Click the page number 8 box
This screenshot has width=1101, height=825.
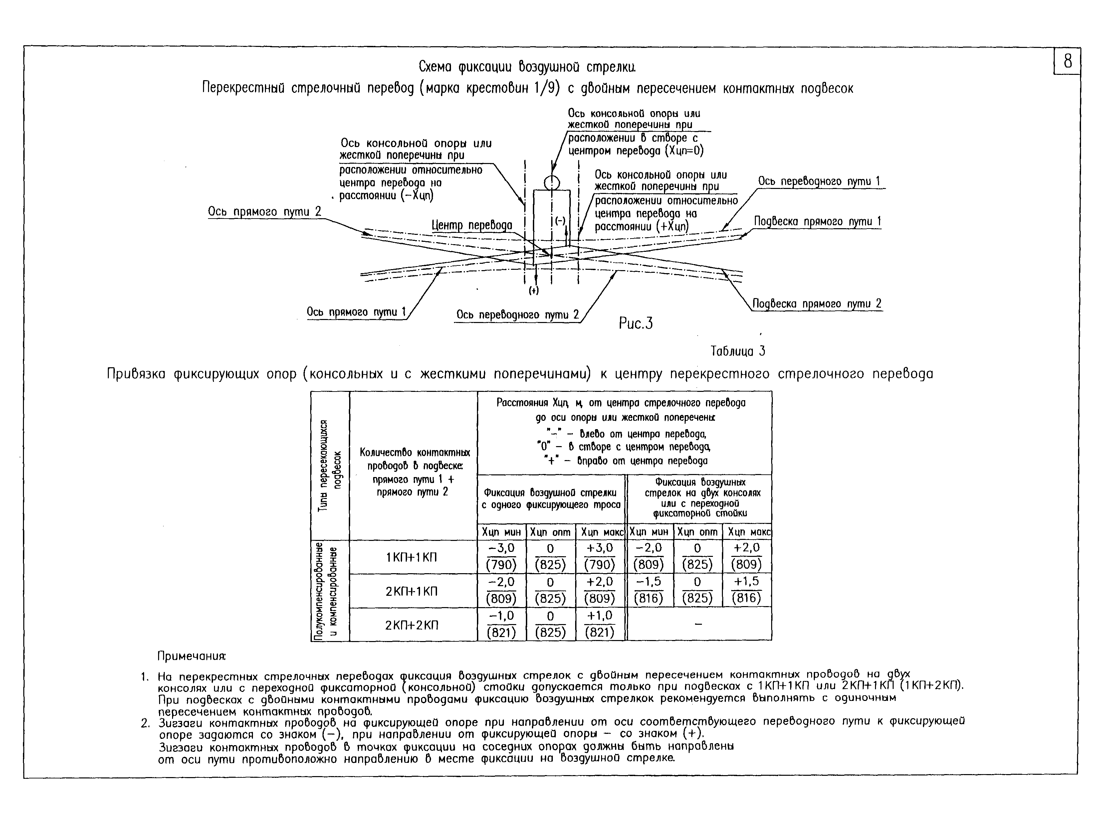[x=1067, y=62]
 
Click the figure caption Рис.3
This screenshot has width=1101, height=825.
[x=636, y=323]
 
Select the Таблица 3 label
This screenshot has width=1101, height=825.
[x=738, y=351]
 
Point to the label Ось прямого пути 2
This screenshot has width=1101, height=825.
[x=264, y=212]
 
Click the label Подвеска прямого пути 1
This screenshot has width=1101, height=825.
[x=817, y=222]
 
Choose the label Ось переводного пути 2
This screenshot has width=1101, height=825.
[x=518, y=314]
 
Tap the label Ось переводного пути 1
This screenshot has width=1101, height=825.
[x=819, y=181]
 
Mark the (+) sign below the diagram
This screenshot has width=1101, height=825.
[x=534, y=291]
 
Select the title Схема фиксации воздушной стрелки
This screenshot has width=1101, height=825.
[x=527, y=67]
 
